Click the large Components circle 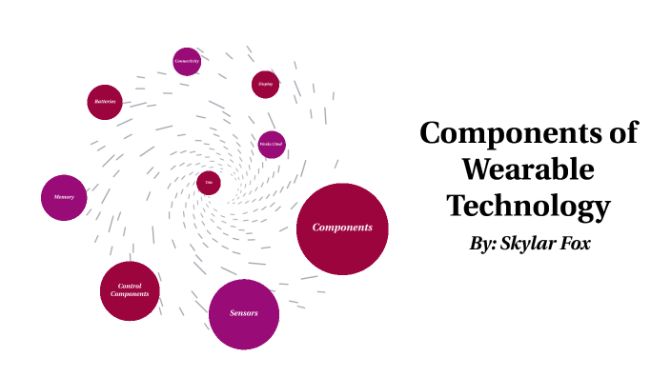[342, 228]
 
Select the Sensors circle [244, 313]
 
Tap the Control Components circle [130, 290]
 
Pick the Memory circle [65, 197]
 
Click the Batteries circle [105, 101]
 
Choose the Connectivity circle [187, 61]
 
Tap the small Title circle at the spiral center [209, 182]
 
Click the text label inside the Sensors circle [244, 313]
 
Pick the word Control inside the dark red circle [130, 286]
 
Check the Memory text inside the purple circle [65, 197]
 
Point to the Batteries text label [105, 101]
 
